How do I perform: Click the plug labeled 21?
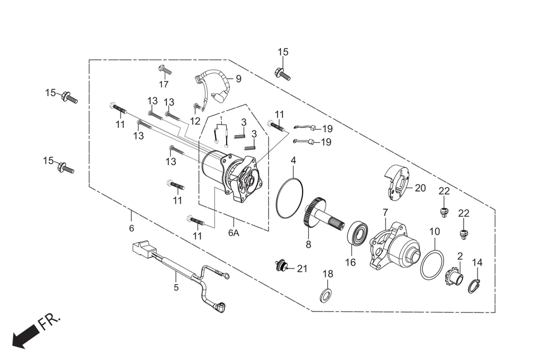[x=283, y=266]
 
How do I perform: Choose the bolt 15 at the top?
[x=282, y=73]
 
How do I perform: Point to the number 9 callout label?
[x=239, y=79]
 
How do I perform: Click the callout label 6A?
[x=233, y=233]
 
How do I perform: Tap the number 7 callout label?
[x=385, y=213]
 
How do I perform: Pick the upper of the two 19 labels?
[x=326, y=129]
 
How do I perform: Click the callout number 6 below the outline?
[x=132, y=228]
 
